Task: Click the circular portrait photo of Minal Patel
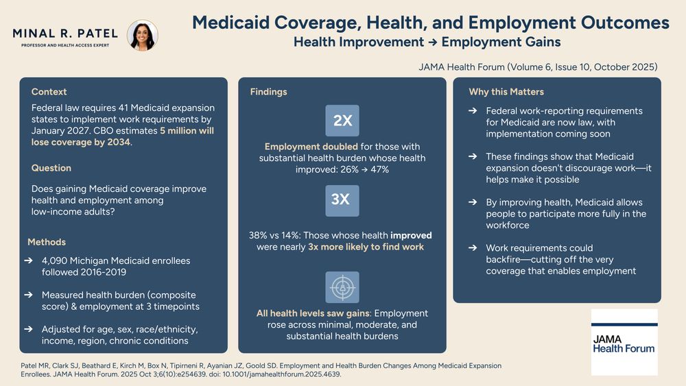pos(143,36)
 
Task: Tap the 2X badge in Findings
pos(342,121)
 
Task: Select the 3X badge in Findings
pos(342,200)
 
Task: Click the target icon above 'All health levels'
pos(342,287)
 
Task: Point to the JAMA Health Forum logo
pos(624,341)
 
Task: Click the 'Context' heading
pos(49,92)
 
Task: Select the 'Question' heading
pos(51,168)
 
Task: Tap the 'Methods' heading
pos(47,242)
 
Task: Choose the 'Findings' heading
pos(269,92)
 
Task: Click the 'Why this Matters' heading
pos(506,92)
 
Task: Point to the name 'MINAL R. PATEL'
pos(65,33)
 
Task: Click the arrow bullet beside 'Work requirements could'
pos(473,248)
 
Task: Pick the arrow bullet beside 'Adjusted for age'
pos(28,329)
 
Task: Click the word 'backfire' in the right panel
pos(506,260)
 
